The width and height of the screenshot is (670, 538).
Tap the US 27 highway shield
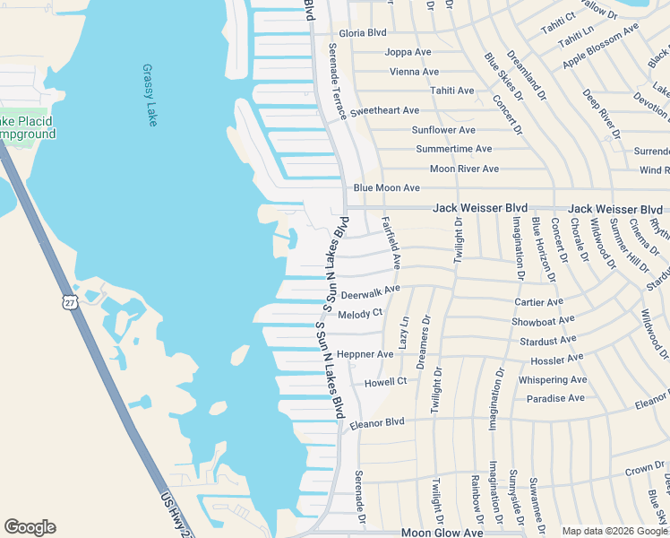point(72,301)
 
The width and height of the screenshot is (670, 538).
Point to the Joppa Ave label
point(408,52)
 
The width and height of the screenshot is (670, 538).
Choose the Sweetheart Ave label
point(384,111)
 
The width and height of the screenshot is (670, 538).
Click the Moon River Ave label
point(464,169)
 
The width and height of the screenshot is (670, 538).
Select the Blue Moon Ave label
point(386,188)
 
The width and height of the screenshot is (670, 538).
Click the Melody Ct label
point(359,314)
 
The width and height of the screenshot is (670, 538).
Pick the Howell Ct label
point(385,382)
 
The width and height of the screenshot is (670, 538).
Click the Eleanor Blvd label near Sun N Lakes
point(377,422)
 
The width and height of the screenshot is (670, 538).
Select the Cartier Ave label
point(538,302)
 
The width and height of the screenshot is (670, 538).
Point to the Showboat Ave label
point(543,321)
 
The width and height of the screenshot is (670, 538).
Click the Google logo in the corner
point(30,527)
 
